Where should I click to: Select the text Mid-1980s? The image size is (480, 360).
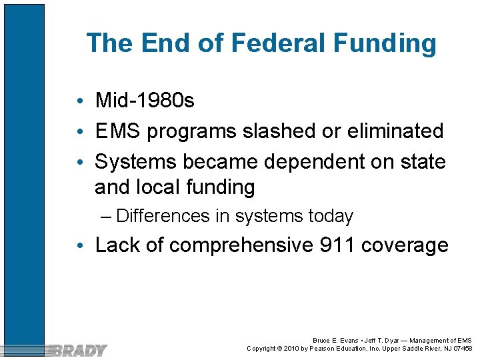[x=145, y=101]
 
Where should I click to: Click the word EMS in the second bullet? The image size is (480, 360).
[x=119, y=131]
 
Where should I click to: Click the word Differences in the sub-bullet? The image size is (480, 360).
[x=163, y=216]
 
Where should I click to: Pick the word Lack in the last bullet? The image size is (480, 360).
[x=119, y=245]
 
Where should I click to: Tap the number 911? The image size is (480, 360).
[x=337, y=245]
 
